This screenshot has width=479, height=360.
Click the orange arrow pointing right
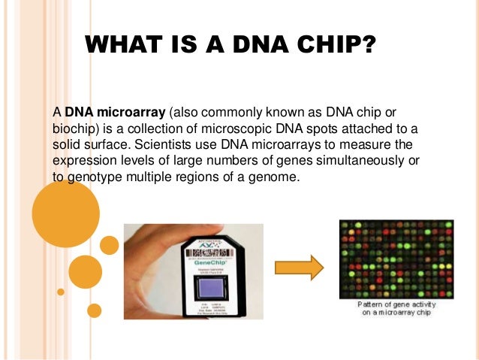(298, 267)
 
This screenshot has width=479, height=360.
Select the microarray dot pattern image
(396, 259)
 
